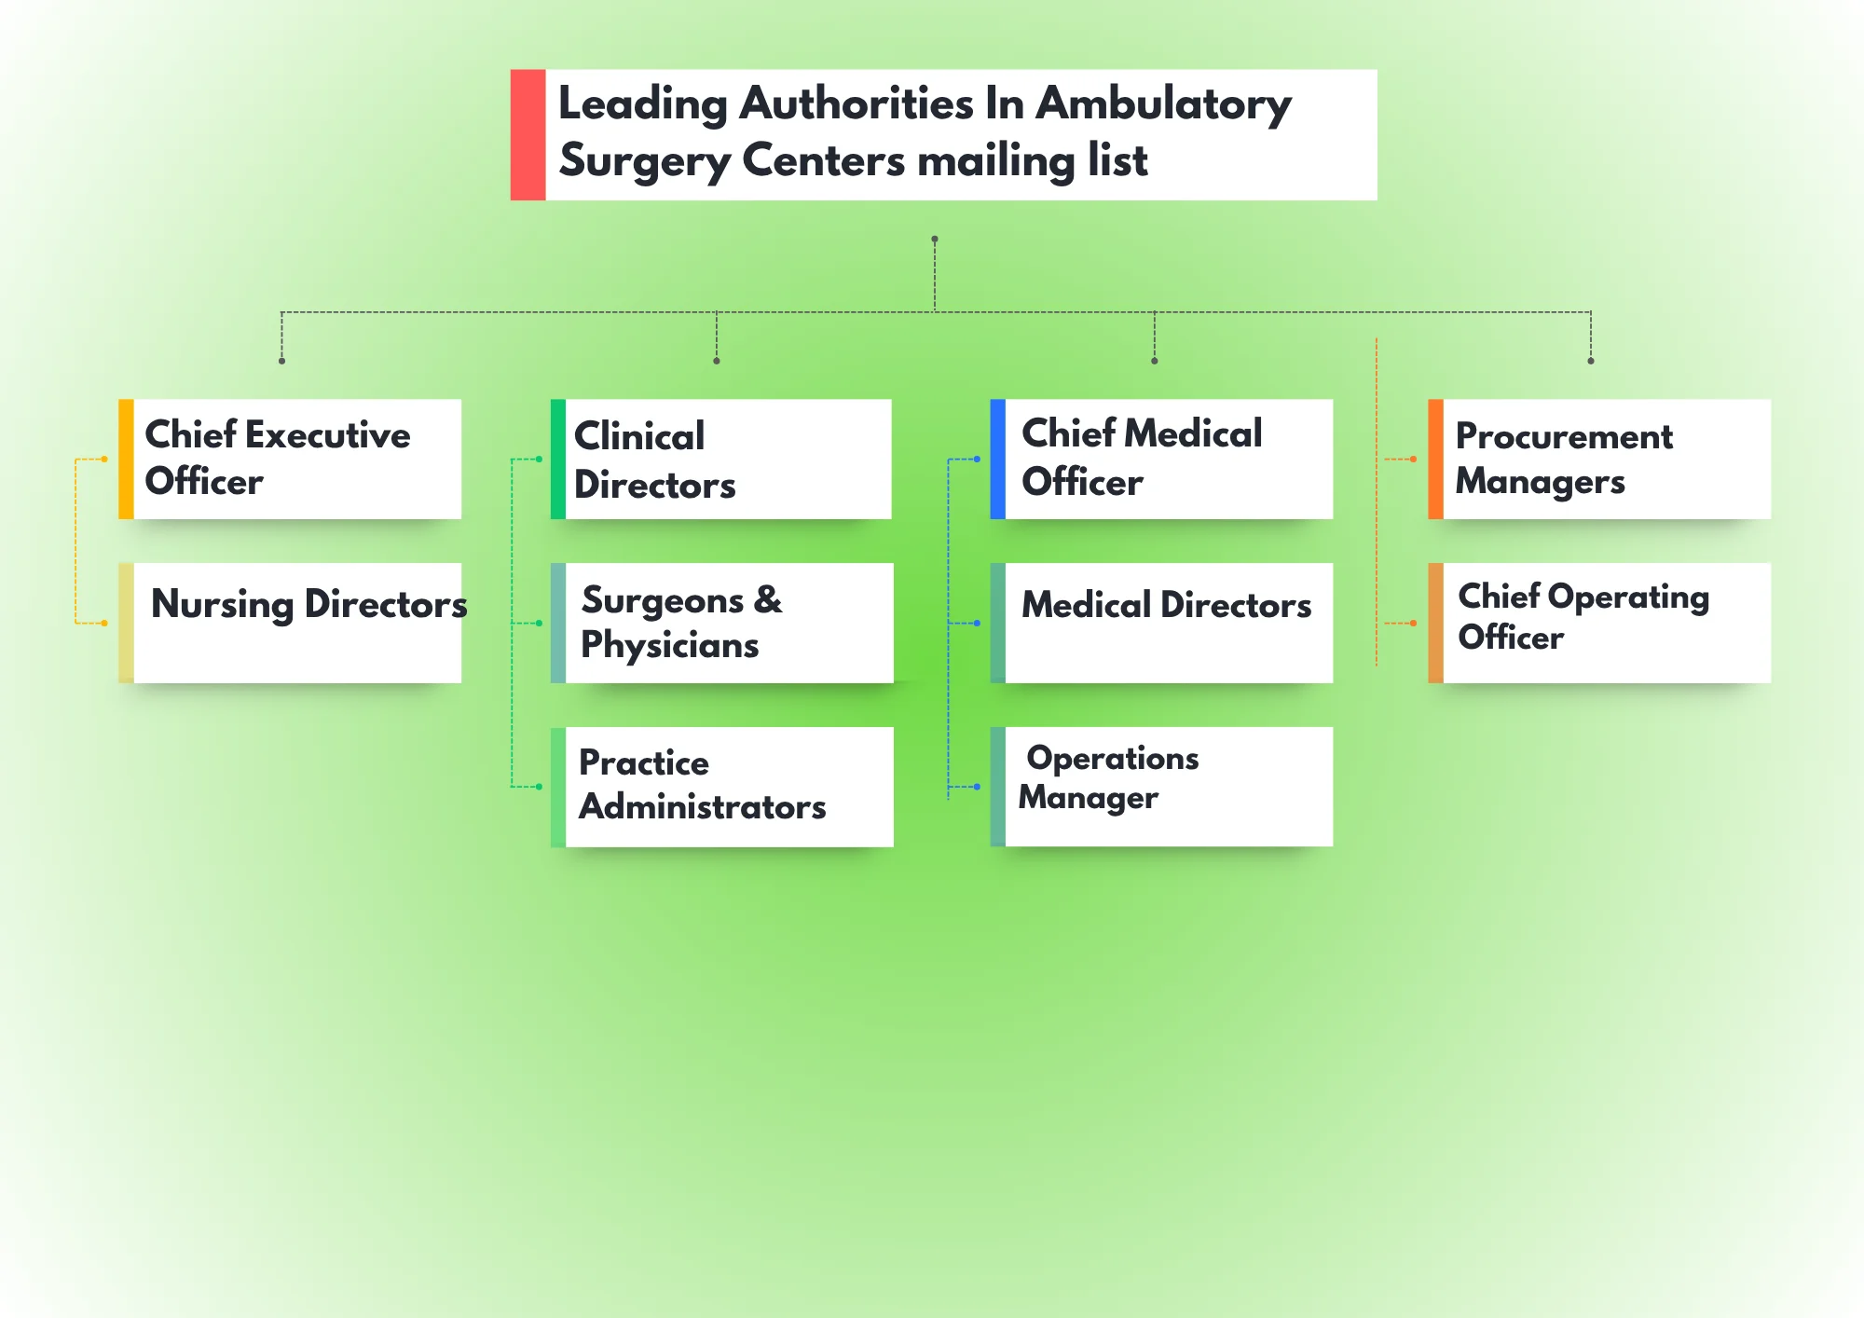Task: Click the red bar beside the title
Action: [x=528, y=134]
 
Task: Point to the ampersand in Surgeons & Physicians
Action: [x=768, y=599]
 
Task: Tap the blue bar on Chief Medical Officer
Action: [x=997, y=459]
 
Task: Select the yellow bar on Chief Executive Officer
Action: [x=126, y=459]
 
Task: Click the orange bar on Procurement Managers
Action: [x=1435, y=459]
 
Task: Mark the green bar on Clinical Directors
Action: [x=557, y=459]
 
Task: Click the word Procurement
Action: [x=1564, y=436]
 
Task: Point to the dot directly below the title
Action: [x=935, y=239]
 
